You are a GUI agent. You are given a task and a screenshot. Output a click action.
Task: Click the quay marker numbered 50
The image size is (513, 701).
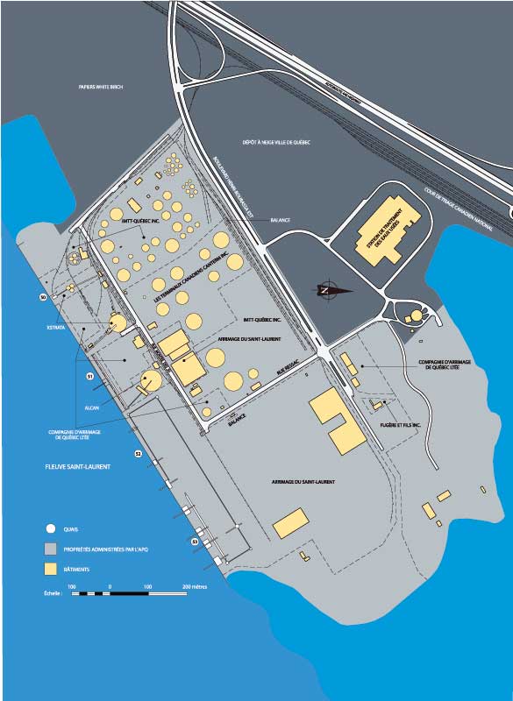click(x=42, y=298)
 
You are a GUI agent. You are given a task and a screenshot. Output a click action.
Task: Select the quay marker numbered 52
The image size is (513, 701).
click(x=138, y=454)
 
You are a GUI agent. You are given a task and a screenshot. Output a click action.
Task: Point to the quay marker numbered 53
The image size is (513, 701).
click(x=195, y=542)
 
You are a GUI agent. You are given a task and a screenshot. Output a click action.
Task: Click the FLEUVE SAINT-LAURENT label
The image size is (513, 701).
click(x=79, y=467)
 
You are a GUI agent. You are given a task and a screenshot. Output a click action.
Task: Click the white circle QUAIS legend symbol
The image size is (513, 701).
click(x=51, y=529)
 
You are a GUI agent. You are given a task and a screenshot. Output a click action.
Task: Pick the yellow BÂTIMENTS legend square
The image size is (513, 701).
click(x=51, y=570)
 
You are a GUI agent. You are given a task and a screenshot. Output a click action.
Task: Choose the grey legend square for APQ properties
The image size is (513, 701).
click(x=51, y=549)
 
